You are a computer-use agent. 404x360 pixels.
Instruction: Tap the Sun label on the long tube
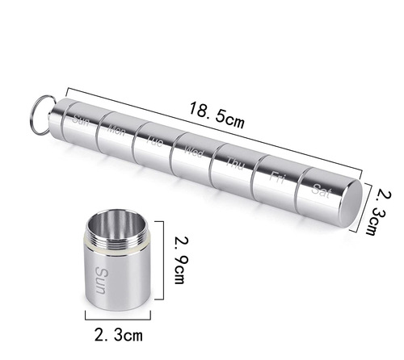tap(80, 122)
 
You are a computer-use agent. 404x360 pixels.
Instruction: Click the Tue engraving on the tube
tap(154, 141)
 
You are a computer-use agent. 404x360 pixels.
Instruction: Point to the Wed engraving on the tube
tap(194, 152)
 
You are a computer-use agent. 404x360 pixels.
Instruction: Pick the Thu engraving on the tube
tap(234, 161)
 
